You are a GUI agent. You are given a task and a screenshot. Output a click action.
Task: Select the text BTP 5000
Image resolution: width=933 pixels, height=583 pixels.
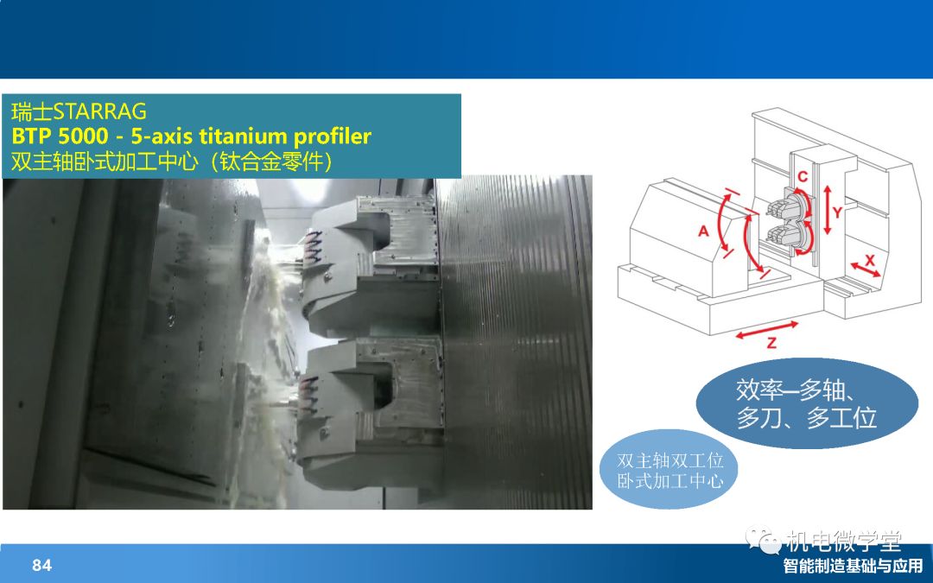[60, 136]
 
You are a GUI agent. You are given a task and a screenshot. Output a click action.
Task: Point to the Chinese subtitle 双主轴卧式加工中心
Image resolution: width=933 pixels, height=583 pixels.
[105, 162]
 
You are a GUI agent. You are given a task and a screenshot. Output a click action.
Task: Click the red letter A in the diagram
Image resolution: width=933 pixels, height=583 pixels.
[703, 231]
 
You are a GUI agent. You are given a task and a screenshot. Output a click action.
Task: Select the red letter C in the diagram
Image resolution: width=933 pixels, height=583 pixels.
[803, 177]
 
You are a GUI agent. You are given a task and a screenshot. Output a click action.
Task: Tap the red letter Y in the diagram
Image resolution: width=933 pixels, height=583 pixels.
[837, 212]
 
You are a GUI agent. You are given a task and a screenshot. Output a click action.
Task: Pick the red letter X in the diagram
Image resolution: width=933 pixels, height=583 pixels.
[870, 260]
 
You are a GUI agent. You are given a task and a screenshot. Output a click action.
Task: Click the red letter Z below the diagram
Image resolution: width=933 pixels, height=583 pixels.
[771, 343]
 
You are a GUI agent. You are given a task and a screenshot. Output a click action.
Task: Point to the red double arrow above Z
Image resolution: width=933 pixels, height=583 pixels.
[767, 330]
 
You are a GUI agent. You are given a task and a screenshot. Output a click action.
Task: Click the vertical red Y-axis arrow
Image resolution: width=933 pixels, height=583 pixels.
[827, 209]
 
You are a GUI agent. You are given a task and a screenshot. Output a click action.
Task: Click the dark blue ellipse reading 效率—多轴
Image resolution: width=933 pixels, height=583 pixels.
[806, 403]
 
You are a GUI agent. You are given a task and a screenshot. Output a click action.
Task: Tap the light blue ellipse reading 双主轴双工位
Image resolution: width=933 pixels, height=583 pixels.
[669, 470]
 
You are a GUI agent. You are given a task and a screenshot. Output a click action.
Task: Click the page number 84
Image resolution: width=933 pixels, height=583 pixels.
[42, 565]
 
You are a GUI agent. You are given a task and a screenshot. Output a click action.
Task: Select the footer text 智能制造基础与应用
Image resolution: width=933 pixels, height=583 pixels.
[853, 566]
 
